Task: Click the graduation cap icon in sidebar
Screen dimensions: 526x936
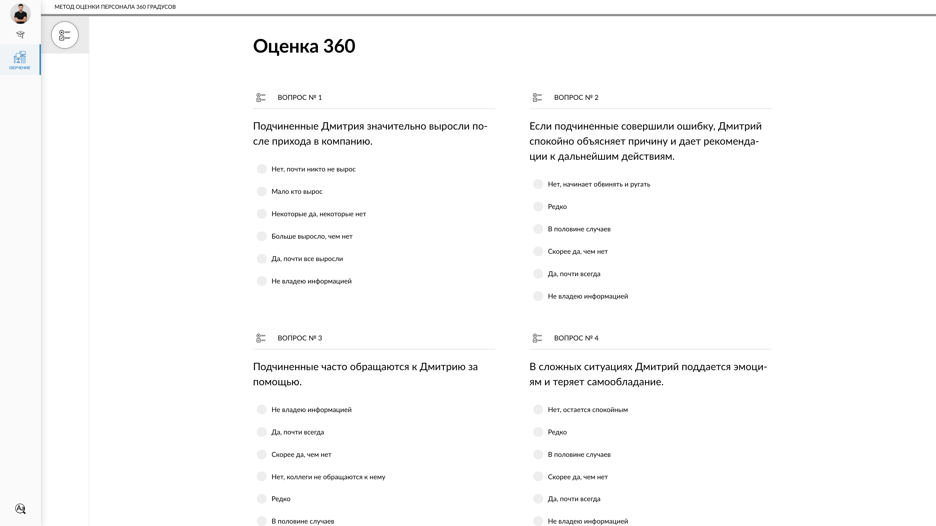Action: (x=20, y=35)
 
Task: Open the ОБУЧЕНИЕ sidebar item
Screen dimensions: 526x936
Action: (x=20, y=60)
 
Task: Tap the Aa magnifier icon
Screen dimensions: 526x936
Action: (x=20, y=508)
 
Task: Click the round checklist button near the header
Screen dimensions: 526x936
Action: (x=65, y=35)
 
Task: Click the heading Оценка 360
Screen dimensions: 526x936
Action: (x=304, y=46)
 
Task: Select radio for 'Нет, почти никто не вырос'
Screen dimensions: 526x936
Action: (x=262, y=169)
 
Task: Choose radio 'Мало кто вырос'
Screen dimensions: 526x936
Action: (x=262, y=192)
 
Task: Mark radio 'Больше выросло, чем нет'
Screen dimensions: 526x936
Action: (x=262, y=236)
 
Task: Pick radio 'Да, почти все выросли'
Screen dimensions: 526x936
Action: (x=262, y=259)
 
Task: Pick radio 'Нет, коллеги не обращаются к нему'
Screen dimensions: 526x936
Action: (x=262, y=477)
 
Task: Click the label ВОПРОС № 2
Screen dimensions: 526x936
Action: (x=576, y=98)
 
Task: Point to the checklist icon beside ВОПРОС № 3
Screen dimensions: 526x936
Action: (x=261, y=338)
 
